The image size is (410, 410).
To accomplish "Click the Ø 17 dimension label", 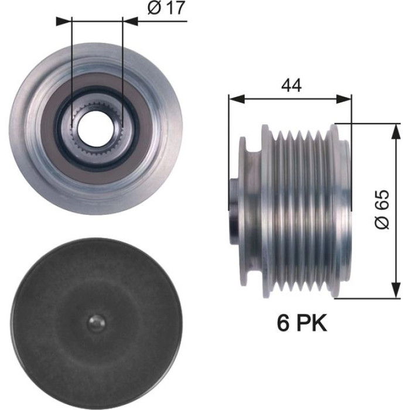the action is pos(166,8).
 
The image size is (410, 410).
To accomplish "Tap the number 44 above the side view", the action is pos(291,85).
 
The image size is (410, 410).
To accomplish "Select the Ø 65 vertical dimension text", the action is pos(382,210).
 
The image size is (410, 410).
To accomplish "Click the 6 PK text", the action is pos(302,323).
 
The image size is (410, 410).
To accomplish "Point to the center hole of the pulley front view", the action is pos(96,128).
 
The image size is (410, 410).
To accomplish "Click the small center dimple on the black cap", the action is pos(96,323).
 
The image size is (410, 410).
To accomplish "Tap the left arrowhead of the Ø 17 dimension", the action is pos(64,22).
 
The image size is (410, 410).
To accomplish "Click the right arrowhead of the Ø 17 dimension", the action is pos(130,22).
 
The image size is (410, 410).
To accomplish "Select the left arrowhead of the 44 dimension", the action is pos(237,99).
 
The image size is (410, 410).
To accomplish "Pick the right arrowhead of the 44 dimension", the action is pos(344,99).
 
